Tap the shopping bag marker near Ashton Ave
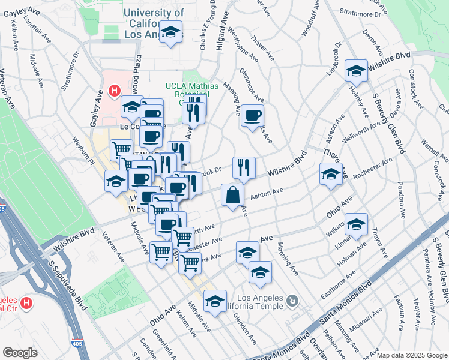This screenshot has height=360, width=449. coord(232,195)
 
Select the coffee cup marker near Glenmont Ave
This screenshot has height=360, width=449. coord(252,115)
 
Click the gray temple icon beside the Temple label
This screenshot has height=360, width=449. coord(292,299)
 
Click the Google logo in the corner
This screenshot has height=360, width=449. coord(20,353)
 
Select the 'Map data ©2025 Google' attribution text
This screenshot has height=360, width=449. coord(411,355)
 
